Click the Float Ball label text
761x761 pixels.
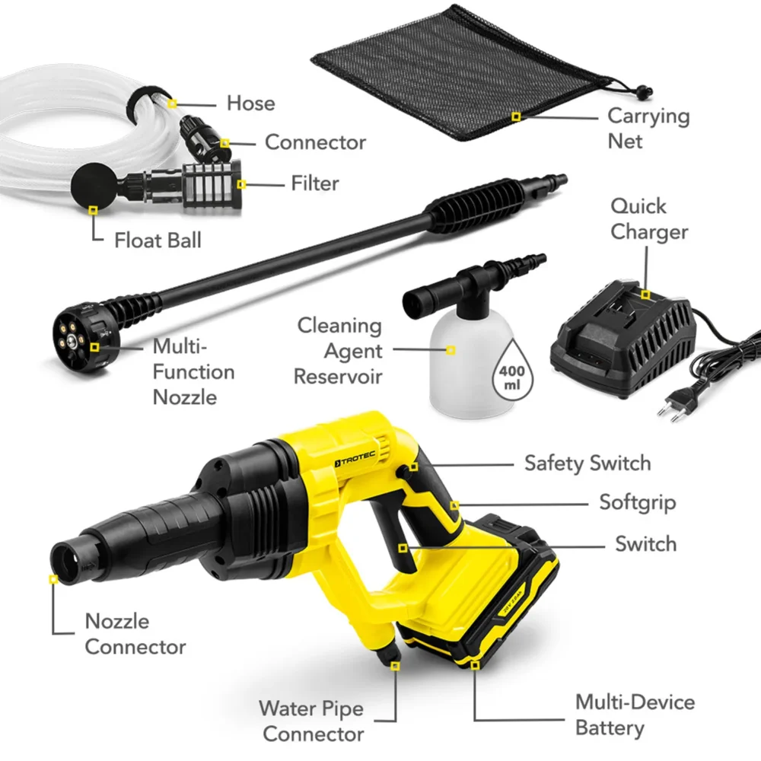click(x=158, y=240)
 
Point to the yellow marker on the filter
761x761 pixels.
click(x=241, y=183)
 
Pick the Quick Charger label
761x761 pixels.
click(x=649, y=219)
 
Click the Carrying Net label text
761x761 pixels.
click(x=648, y=128)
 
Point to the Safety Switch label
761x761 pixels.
click(x=587, y=463)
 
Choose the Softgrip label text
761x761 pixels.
click(x=637, y=503)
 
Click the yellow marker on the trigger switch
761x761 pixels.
click(x=403, y=547)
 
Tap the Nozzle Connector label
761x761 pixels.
click(x=135, y=634)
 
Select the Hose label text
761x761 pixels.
click(x=250, y=103)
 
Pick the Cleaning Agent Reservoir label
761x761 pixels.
click(x=339, y=351)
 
